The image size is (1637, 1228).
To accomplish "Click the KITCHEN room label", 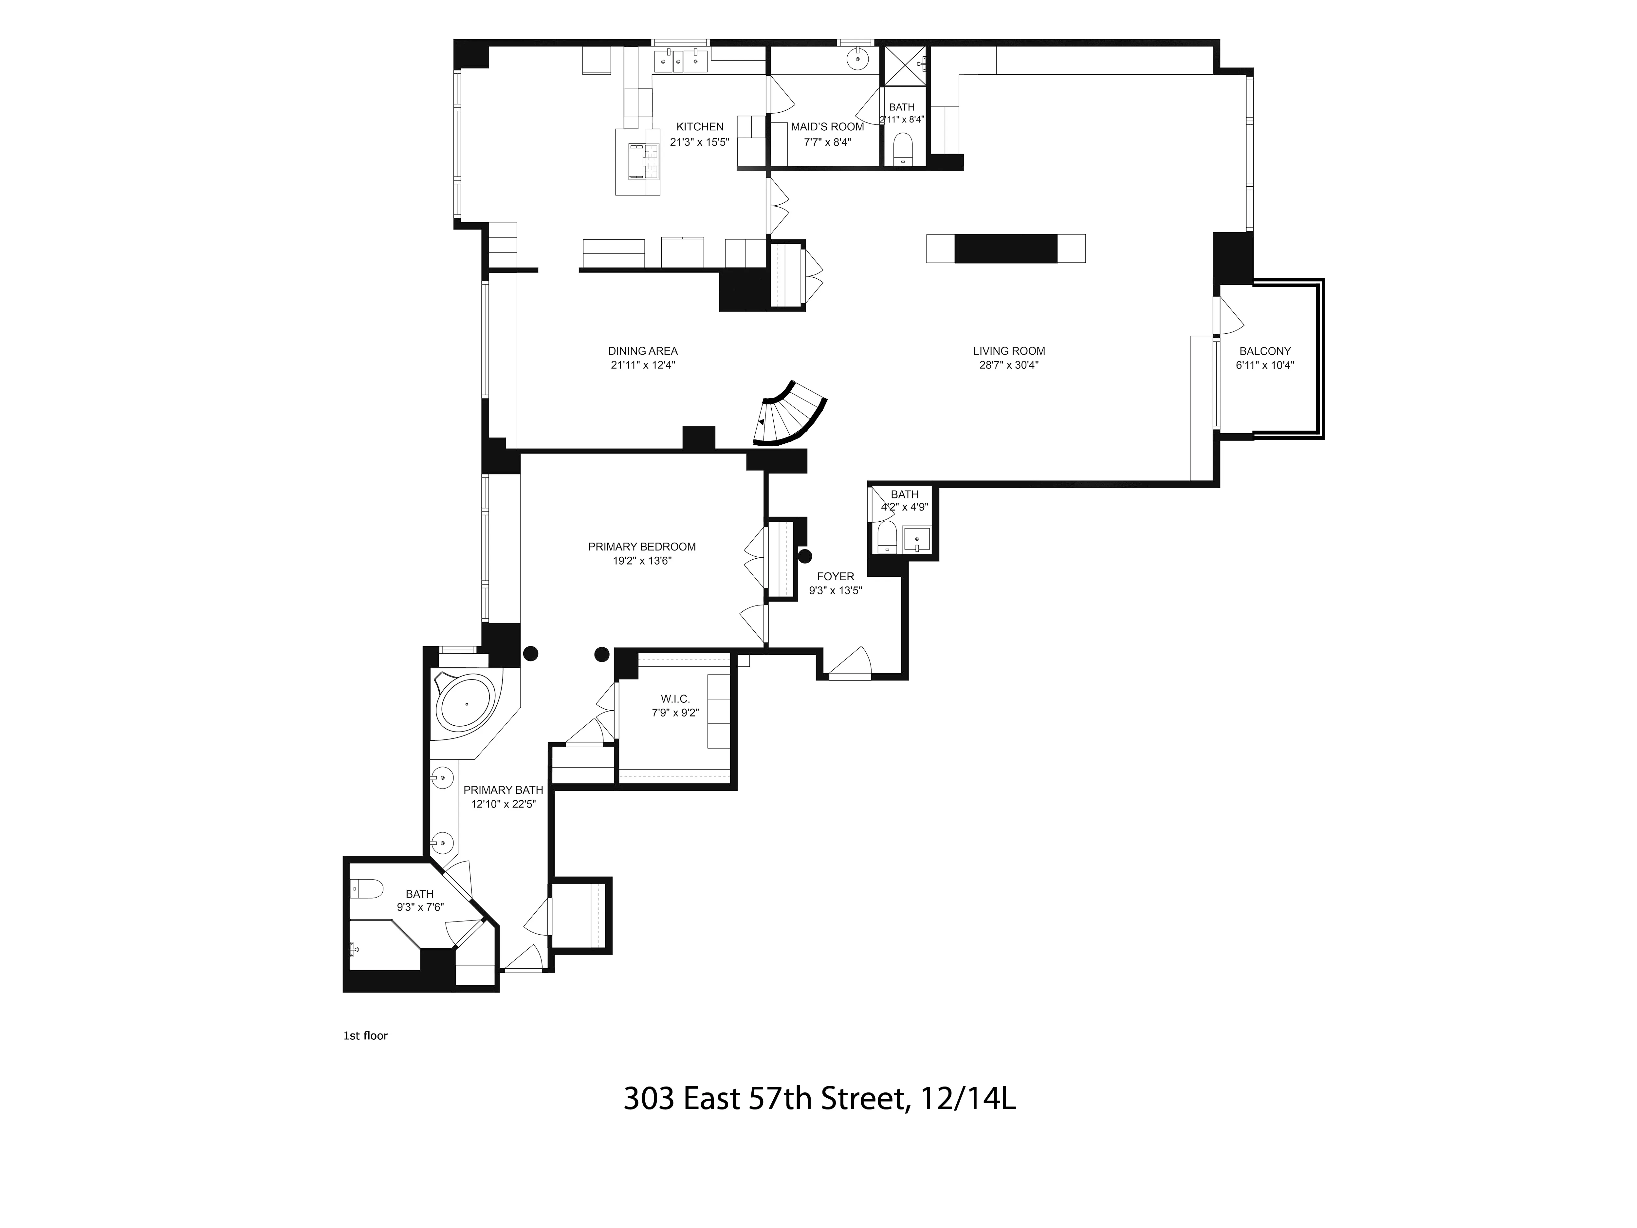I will pos(699,127).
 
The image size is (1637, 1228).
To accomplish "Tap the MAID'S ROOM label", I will pos(827,127).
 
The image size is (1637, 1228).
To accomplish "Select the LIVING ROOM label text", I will pos(1009,351).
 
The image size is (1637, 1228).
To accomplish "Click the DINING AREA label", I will pos(642,351).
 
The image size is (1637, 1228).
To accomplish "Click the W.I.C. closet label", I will pos(675,699).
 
